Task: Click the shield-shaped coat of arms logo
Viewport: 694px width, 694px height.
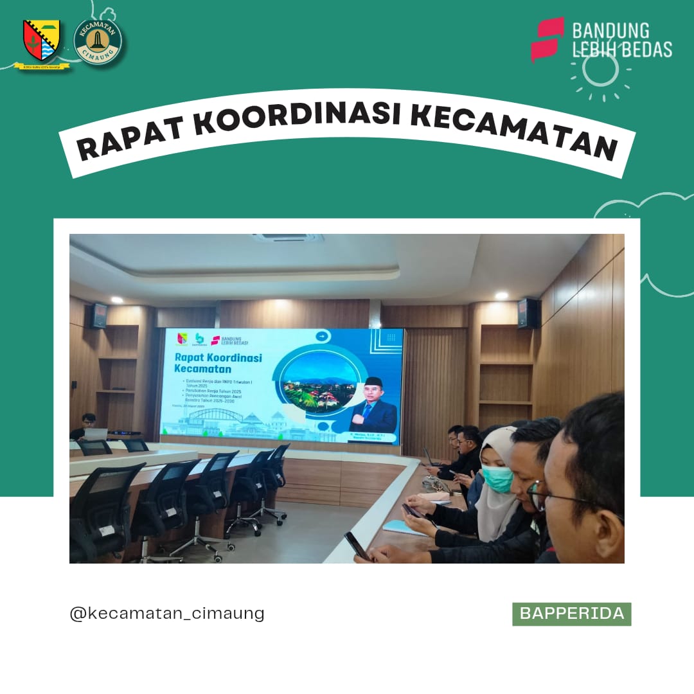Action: coord(42,40)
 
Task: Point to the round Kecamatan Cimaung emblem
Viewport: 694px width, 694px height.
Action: coord(98,42)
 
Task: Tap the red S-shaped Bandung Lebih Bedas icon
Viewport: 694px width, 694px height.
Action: coord(547,39)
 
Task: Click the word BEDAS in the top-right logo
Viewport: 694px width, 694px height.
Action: coord(643,49)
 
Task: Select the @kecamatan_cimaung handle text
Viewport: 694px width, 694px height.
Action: coord(167,613)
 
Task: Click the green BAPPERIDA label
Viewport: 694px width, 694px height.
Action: coord(571,614)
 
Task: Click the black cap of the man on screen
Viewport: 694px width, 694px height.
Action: coord(373,382)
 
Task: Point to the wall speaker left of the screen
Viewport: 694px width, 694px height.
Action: coord(99,315)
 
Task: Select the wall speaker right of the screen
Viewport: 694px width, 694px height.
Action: coord(527,314)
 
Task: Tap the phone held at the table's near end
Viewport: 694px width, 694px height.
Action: coord(357,546)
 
